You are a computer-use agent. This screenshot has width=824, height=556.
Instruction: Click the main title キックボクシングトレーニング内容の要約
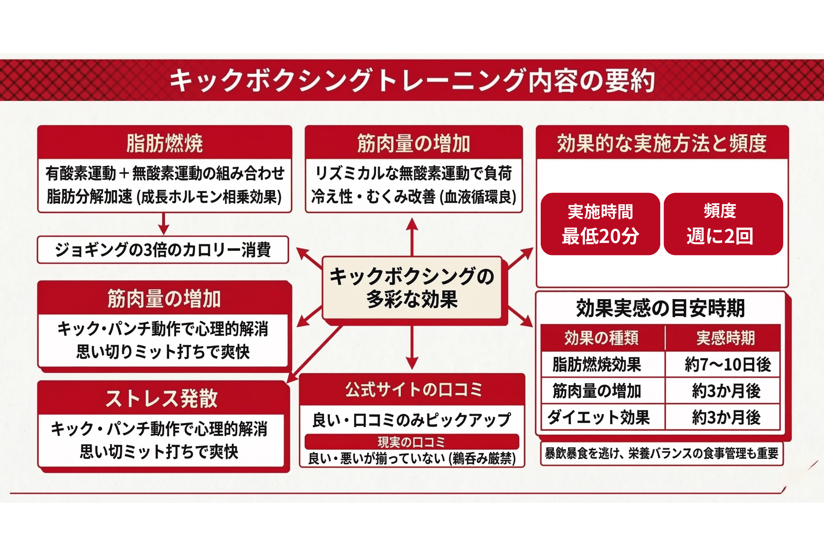412,80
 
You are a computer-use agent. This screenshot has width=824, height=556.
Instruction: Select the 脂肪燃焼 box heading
164,143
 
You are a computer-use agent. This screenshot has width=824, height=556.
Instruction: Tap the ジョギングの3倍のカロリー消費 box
163,249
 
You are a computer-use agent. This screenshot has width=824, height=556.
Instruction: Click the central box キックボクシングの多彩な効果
412,288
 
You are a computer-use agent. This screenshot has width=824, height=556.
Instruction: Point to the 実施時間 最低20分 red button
600,224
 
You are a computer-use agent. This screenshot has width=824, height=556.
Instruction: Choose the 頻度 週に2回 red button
723,224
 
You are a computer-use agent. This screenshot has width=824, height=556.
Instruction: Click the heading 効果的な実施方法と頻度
662,143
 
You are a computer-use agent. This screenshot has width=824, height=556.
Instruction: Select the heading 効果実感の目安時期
660,308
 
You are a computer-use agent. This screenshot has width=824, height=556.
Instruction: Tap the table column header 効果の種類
602,338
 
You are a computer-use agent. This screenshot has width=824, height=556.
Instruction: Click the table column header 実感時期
725,338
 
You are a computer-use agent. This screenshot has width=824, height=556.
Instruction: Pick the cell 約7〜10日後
727,365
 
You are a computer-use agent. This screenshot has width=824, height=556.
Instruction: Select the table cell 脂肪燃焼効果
597,365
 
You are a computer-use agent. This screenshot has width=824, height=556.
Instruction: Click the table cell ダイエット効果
598,417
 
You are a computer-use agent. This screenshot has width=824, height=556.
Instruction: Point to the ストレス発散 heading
161,398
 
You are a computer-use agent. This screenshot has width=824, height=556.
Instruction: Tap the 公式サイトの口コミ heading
413,389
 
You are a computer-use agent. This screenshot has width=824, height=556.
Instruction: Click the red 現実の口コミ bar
412,442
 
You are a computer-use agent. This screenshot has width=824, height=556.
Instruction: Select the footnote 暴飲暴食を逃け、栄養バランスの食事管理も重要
661,453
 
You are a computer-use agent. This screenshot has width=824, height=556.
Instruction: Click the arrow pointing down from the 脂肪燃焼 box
163,224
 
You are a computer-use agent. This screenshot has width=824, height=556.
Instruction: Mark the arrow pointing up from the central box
412,235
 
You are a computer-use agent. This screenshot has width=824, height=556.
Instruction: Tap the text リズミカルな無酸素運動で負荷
413,173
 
